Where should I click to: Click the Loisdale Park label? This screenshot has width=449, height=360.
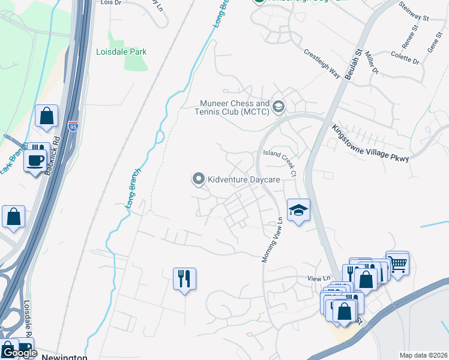coord(121,52)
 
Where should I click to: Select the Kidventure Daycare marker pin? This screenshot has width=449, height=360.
coord(197,179)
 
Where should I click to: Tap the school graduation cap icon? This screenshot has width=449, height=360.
coord(298,210)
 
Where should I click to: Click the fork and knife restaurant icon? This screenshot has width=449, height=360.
coord(185,278)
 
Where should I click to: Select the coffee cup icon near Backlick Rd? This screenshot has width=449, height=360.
coord(35,160)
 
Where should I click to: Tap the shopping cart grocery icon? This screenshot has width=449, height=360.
coord(397,262)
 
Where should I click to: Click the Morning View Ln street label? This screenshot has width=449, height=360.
coord(272,239)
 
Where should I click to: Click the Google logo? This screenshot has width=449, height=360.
coord(19,353)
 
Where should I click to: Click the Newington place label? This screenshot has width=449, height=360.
coord(65,357)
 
